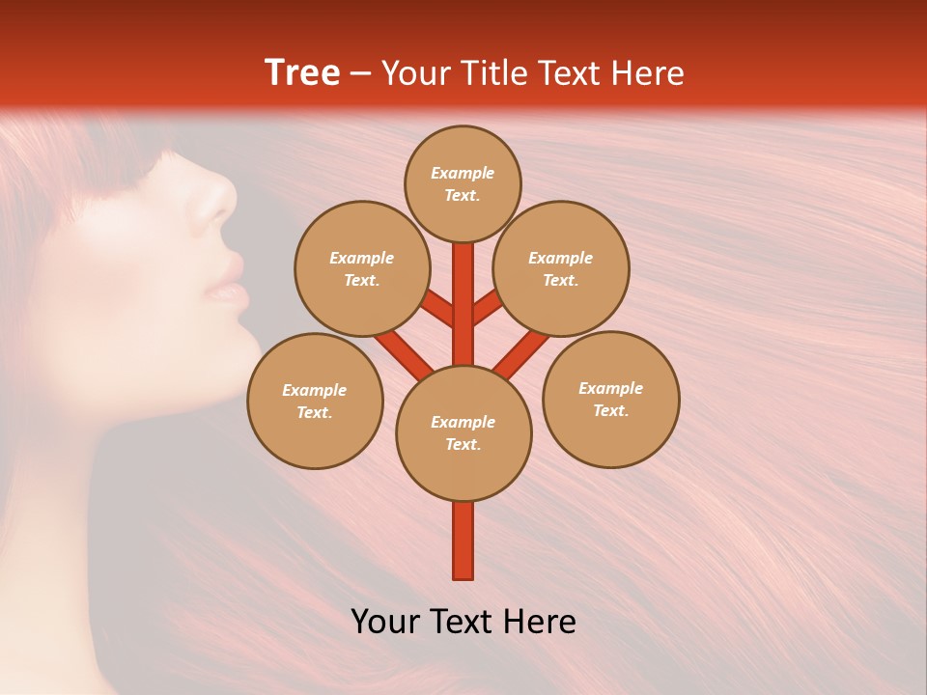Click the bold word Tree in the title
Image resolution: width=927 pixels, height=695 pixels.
301,73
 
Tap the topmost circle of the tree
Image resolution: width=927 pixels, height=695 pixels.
463,183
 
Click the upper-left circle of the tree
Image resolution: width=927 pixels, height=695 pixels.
361,268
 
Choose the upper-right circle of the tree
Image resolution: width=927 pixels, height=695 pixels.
560,268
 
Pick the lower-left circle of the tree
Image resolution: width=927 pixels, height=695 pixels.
315,401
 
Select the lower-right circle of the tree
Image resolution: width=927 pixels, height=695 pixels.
610,399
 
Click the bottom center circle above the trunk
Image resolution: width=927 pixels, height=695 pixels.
463,432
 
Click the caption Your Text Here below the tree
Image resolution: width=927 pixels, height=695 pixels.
463,622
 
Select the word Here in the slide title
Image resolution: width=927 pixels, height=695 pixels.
652,73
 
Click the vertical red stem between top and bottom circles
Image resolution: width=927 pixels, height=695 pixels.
463,304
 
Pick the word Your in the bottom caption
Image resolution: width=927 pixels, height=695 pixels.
386,622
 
